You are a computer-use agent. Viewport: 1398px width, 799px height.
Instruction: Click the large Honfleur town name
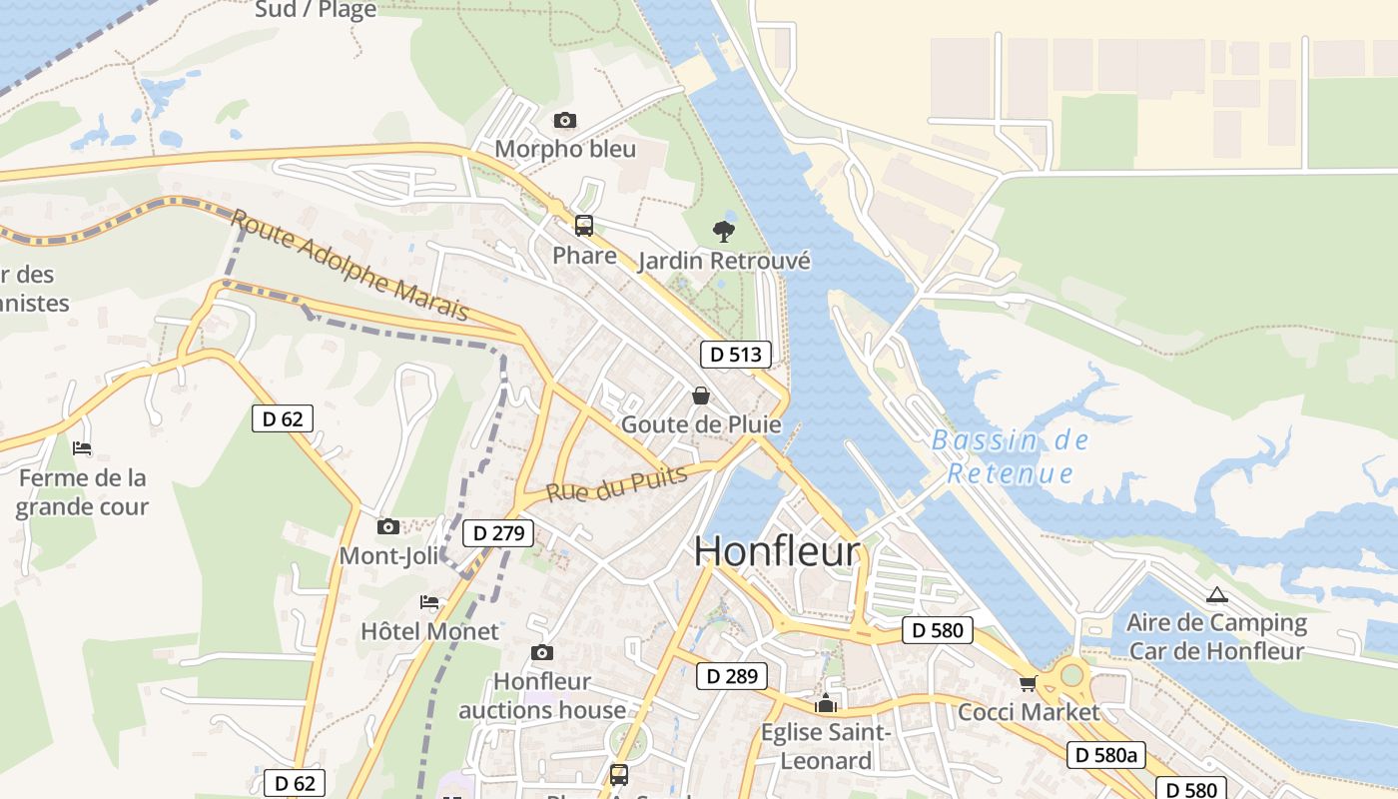[777, 551]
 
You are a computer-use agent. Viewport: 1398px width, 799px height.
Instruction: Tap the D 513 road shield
[736, 354]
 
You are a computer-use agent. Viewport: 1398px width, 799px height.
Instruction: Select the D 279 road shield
[498, 533]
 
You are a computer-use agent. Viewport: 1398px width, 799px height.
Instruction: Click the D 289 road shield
[732, 676]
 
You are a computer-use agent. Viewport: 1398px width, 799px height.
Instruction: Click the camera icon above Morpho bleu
[564, 121]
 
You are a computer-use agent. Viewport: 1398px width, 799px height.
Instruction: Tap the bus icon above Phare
[584, 226]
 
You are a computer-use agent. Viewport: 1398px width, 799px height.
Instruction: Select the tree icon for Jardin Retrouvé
[724, 232]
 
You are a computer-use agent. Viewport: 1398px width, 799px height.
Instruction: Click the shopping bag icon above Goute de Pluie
[701, 396]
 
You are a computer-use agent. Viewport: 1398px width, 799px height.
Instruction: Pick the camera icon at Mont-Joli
[388, 526]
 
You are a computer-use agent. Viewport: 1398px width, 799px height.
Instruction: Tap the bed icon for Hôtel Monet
[429, 602]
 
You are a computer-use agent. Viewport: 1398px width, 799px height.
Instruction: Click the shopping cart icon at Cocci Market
[1028, 684]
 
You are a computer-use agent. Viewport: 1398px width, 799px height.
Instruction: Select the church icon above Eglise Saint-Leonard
[825, 704]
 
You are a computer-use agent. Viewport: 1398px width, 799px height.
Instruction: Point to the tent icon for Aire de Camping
[1216, 595]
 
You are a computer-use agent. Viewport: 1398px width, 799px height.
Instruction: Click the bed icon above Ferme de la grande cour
[82, 448]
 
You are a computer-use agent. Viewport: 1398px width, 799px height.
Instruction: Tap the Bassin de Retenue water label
[1010, 456]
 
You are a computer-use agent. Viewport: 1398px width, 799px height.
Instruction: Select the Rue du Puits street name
[617, 485]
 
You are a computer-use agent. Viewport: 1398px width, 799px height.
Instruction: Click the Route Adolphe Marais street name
[349, 265]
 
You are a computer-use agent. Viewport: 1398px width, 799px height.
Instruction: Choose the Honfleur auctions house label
[542, 696]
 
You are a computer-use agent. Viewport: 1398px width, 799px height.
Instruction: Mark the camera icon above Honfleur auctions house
[542, 653]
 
